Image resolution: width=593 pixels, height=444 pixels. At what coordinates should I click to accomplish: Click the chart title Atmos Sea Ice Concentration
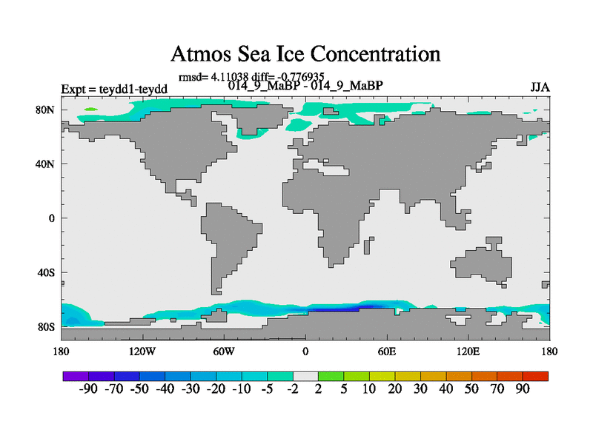click(x=305, y=54)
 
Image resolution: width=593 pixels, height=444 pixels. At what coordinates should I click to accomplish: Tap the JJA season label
click(x=540, y=87)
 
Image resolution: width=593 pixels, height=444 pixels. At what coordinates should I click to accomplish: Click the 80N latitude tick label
click(x=47, y=110)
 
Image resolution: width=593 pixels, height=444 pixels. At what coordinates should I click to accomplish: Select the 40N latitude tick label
click(x=47, y=164)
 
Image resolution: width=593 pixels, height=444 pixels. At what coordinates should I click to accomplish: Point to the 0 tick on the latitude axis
click(x=53, y=218)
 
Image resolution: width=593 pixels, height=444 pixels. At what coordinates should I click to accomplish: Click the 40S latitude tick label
click(x=47, y=272)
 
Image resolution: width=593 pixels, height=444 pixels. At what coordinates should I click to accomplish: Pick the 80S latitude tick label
click(x=47, y=326)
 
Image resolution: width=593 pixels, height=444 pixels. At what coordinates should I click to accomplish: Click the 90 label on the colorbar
click(x=523, y=389)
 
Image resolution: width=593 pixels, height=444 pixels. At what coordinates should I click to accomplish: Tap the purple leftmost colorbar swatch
click(x=76, y=376)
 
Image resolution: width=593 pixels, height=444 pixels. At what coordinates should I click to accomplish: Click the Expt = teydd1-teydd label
click(x=115, y=89)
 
